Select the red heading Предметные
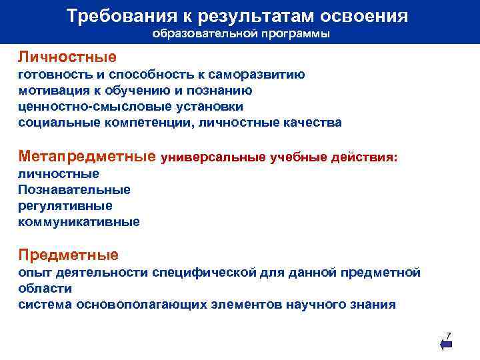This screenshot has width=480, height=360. tap(68, 255)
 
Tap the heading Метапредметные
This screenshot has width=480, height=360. tap(87, 157)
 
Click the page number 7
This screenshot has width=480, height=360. tap(448, 335)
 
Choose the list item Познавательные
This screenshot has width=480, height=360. tap(74, 190)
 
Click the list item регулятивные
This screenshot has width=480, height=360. tap(65, 206)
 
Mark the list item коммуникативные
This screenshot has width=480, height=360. tap(79, 222)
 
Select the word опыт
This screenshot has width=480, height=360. tap(31, 272)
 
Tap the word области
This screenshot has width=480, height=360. tap(45, 288)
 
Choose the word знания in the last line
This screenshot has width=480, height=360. tap(371, 305)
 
